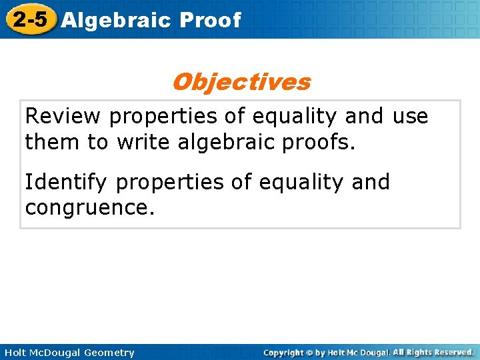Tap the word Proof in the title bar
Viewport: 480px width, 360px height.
coord(209,20)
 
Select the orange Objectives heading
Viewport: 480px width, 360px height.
coord(241,82)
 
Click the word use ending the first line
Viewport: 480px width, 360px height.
coord(410,117)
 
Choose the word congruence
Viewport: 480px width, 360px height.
coord(89,207)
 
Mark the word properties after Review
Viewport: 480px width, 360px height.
coord(164,117)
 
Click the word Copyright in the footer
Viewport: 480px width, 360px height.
coord(284,353)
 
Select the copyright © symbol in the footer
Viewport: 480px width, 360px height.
coord(309,353)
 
